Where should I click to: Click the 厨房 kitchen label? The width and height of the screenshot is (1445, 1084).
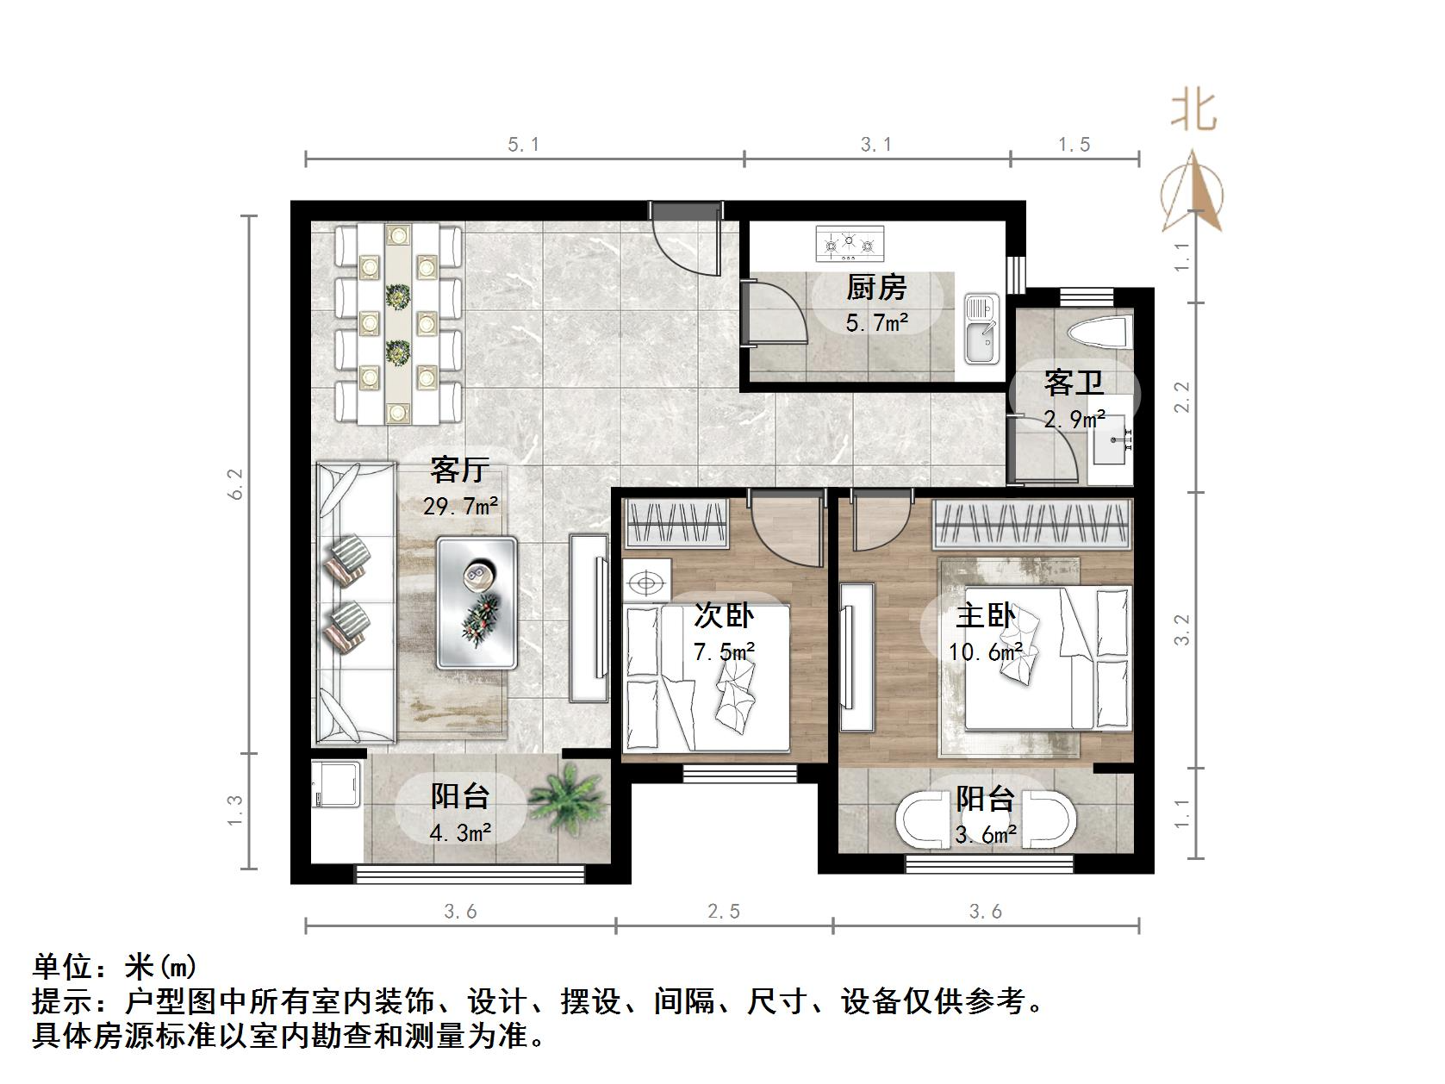click(x=875, y=287)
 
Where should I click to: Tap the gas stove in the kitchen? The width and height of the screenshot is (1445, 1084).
click(x=850, y=244)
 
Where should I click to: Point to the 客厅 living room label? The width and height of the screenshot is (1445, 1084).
click(x=459, y=470)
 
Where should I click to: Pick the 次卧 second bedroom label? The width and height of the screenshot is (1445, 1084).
click(x=724, y=615)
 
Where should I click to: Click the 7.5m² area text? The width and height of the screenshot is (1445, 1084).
click(x=725, y=651)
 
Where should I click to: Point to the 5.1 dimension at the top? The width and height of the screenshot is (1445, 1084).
click(x=523, y=145)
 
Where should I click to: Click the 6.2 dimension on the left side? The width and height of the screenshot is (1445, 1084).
click(x=236, y=483)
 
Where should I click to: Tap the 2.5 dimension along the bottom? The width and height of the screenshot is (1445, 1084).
click(x=724, y=911)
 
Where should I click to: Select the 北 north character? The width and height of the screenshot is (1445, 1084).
click(x=1193, y=110)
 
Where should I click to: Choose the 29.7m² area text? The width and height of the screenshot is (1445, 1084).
click(x=460, y=506)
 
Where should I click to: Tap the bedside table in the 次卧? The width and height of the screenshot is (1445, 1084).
click(x=646, y=583)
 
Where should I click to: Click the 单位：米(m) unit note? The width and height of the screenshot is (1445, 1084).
click(x=115, y=967)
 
